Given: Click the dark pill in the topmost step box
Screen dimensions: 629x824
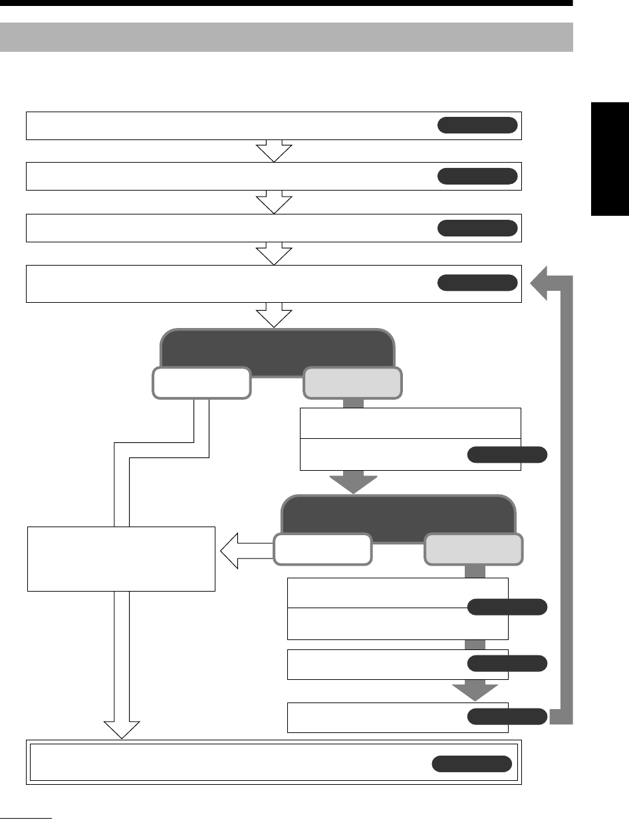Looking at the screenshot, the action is tap(477, 125).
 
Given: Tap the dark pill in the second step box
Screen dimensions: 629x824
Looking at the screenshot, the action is tap(477, 176).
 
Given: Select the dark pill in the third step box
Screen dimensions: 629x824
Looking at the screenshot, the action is tap(477, 228).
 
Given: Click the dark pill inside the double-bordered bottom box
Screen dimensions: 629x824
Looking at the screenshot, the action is tap(471, 764).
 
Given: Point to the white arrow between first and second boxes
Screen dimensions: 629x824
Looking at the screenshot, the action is tap(274, 151).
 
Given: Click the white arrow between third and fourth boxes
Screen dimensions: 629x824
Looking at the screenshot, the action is tap(274, 254).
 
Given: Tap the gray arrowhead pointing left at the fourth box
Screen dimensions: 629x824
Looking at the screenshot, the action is tap(540, 284).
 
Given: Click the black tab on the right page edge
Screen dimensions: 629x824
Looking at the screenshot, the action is tap(609, 159).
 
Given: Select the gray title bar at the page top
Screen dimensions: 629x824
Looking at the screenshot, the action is tap(286, 37).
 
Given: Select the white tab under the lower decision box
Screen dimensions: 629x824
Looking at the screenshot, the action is tap(321, 549).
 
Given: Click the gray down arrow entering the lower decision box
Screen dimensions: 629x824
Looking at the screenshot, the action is tap(353, 482).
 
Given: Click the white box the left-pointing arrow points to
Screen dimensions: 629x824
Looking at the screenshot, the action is tap(121, 558).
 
